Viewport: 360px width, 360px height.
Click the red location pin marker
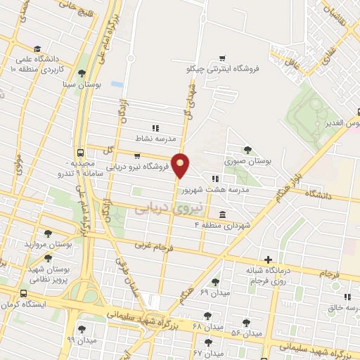point(181,165)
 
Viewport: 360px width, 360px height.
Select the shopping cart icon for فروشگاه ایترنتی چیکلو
point(222,58)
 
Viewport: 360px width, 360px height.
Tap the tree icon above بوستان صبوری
point(247,149)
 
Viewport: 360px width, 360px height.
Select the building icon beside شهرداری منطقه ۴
point(222,214)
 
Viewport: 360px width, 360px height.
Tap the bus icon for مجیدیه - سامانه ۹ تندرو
point(82,152)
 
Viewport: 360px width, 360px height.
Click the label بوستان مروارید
point(49,244)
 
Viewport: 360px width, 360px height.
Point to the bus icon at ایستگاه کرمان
point(24,293)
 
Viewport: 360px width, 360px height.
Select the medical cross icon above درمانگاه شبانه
point(267,259)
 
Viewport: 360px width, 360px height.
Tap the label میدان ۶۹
point(195,291)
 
